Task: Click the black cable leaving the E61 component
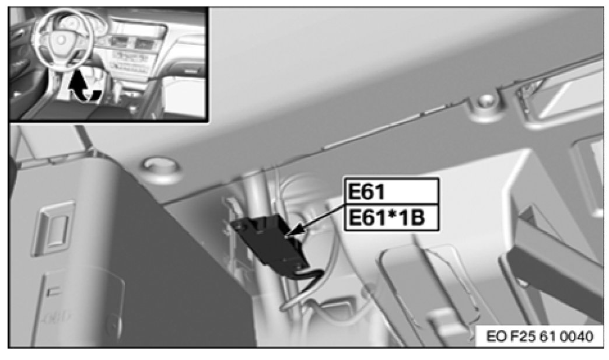(307, 277)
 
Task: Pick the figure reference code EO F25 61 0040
(540, 336)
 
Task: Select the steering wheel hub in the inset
(61, 39)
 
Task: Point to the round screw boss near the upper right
(484, 102)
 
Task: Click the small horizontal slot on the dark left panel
(54, 290)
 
